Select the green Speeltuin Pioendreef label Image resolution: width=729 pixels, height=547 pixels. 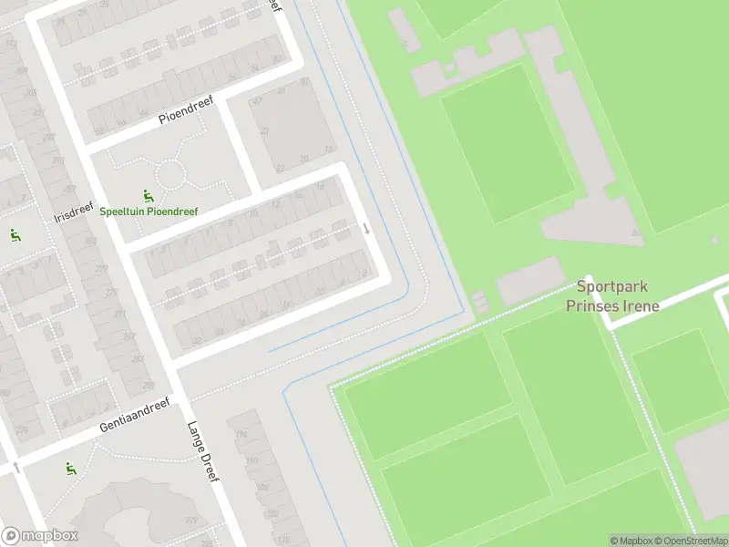click(149, 211)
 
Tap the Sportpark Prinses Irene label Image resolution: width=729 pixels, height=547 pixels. click(611, 296)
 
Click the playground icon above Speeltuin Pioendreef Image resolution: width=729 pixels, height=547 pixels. click(148, 195)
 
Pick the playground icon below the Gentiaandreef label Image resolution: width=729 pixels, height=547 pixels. click(70, 469)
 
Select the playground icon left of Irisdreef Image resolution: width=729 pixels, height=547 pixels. click(15, 235)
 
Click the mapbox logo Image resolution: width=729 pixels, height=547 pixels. click(41, 536)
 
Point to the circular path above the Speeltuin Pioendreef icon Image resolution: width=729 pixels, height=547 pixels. click(170, 173)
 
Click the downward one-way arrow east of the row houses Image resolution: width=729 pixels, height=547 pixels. click(366, 228)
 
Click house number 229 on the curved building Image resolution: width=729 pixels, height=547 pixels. click(23, 429)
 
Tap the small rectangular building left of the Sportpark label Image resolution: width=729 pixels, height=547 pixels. click(529, 281)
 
